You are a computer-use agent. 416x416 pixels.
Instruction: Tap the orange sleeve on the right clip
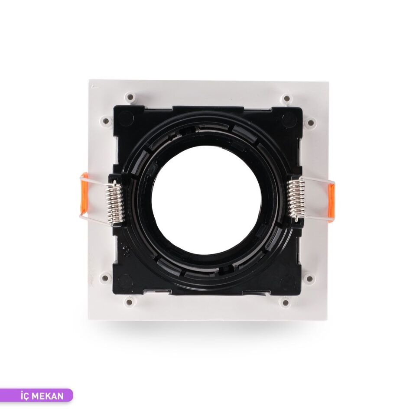coord(331,201)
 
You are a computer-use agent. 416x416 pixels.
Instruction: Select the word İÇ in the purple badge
coord(26,396)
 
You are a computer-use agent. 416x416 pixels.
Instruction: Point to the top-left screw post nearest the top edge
coord(130,97)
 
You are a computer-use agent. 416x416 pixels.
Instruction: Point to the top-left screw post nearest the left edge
coord(105,120)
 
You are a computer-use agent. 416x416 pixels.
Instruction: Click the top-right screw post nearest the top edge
coord(286,99)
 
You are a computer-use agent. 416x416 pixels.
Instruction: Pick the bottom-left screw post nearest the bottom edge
coord(130,302)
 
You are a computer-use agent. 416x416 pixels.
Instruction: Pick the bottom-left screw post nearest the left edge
coord(105,277)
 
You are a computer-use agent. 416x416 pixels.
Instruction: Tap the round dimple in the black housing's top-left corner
coord(125,117)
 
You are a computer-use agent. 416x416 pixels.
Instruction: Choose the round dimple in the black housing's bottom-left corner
coord(125,282)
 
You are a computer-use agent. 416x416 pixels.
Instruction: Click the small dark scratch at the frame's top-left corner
coord(94,87)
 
